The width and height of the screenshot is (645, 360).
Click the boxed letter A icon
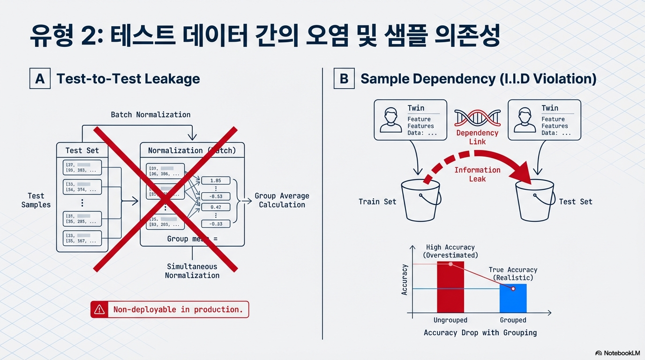(x=40, y=78)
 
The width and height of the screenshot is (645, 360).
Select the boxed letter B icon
(x=344, y=78)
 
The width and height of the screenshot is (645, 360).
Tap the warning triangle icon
(x=99, y=309)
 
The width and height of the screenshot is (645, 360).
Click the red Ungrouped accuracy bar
(x=450, y=287)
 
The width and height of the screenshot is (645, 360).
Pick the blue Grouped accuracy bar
(x=513, y=298)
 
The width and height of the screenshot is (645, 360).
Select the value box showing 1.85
(x=216, y=180)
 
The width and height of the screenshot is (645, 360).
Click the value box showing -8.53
(x=216, y=196)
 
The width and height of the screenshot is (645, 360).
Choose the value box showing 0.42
(x=216, y=207)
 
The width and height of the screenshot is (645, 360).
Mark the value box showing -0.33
(x=216, y=224)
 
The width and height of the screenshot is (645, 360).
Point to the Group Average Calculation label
(x=282, y=200)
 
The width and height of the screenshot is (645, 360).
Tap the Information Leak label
(x=477, y=174)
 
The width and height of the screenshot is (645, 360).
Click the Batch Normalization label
(x=150, y=114)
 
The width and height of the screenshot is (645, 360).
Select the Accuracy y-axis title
(x=405, y=279)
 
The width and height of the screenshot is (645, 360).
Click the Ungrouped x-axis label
(x=450, y=320)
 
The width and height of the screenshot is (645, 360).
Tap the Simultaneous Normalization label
(x=192, y=271)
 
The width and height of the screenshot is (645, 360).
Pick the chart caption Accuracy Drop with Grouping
(x=480, y=333)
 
